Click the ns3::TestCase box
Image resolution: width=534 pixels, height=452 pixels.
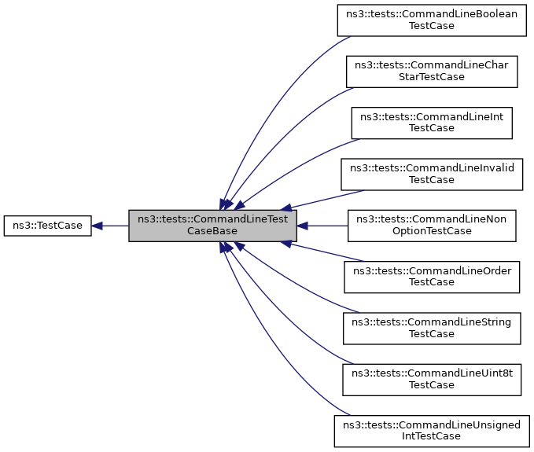click(x=47, y=226)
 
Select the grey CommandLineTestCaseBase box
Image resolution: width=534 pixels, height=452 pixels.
click(x=212, y=226)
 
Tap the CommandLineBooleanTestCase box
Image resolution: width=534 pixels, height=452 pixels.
click(x=432, y=20)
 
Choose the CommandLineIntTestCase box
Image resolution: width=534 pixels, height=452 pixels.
click(x=432, y=121)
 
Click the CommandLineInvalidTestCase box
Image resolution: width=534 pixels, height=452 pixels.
click(x=432, y=174)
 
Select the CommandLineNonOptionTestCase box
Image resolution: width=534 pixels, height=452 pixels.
click(x=432, y=226)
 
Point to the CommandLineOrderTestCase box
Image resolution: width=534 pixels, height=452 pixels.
click(x=432, y=277)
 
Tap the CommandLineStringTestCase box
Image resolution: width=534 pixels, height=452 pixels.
click(x=432, y=328)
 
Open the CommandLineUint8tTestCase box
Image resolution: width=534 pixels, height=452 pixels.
click(x=432, y=379)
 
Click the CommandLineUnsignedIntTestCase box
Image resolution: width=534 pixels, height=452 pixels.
click(x=432, y=431)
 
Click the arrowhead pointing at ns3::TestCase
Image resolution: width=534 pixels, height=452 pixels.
click(x=97, y=226)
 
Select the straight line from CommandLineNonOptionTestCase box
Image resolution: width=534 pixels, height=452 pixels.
click(x=326, y=226)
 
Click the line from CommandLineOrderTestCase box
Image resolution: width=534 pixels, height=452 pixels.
click(x=326, y=253)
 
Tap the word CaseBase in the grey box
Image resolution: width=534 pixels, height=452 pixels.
click(x=212, y=232)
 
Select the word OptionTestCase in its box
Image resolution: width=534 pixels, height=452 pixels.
click(x=432, y=232)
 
